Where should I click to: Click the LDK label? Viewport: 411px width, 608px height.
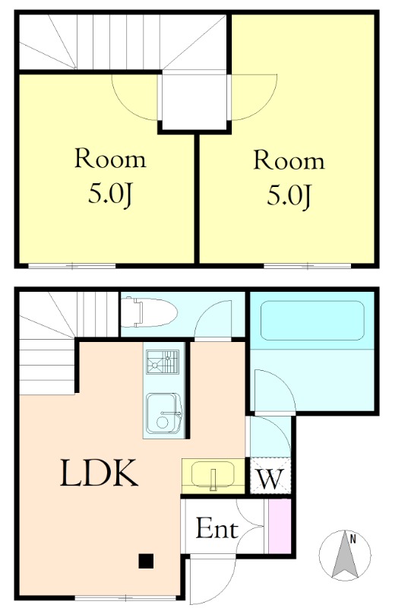point(99,473)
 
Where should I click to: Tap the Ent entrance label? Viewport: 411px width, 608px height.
point(217,528)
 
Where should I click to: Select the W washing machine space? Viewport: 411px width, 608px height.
point(270,476)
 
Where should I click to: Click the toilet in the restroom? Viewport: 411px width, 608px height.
point(149,312)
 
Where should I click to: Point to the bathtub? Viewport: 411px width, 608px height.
point(312,321)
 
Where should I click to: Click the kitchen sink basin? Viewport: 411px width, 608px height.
point(164,413)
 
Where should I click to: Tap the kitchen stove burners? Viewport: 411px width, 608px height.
point(163,362)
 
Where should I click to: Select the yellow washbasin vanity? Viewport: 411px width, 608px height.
point(213,476)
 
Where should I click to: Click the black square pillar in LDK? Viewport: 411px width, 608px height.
point(146,561)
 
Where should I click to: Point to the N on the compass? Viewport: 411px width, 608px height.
point(353,539)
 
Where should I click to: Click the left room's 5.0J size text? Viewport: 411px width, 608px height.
point(111,194)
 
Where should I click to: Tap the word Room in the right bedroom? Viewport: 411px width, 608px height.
point(289,160)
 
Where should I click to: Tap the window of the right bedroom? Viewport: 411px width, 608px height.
point(308,266)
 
